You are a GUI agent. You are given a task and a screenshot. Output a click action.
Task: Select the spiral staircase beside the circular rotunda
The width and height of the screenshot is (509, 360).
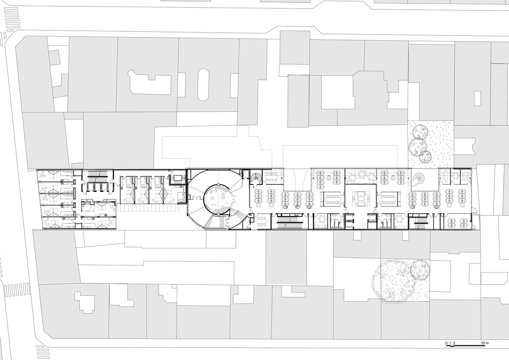coord(256,177)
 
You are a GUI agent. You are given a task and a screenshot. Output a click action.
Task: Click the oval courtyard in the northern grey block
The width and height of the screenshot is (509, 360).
coord(203,85)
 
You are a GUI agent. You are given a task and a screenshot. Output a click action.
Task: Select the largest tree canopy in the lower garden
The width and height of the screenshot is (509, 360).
coord(393,281)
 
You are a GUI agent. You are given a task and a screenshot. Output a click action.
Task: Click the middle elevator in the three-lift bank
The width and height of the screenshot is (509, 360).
coord(97,187)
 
